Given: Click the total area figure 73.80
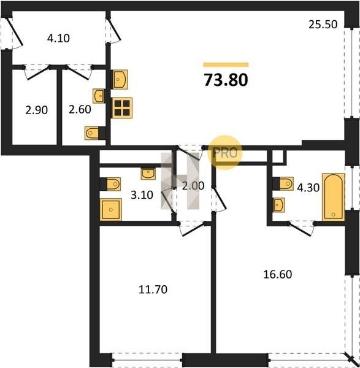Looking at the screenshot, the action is coord(226,80).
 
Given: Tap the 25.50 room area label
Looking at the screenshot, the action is coord(323,25).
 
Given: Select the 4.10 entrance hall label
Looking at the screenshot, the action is coord(58,38).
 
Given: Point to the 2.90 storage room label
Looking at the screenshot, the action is coord(37,110).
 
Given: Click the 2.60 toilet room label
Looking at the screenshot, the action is coord(80,109).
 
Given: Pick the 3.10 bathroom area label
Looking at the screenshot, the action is coord(142,195).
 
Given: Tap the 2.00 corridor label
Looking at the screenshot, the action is coord(193,186).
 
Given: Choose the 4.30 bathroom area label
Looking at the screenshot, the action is coord(308,188).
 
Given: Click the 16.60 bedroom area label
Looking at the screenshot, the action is coord(278,274).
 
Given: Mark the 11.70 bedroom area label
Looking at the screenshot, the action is coord(153,289).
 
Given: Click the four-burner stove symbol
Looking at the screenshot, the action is coord(121,108).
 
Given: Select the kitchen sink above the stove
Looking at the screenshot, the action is coord(120,80).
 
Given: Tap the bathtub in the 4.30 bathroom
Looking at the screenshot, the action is coord(333,197).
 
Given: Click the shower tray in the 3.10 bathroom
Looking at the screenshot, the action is coord(111,209).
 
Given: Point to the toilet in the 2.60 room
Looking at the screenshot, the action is coord(95,133).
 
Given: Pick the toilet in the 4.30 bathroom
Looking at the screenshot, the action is coord(283,183).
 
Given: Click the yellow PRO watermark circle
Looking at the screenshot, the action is coord(225,153).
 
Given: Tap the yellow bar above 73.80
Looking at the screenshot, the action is coord(226,65).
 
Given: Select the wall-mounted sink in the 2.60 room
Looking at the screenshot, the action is coord(99,96).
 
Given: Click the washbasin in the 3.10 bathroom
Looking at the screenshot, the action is coord(148,174).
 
